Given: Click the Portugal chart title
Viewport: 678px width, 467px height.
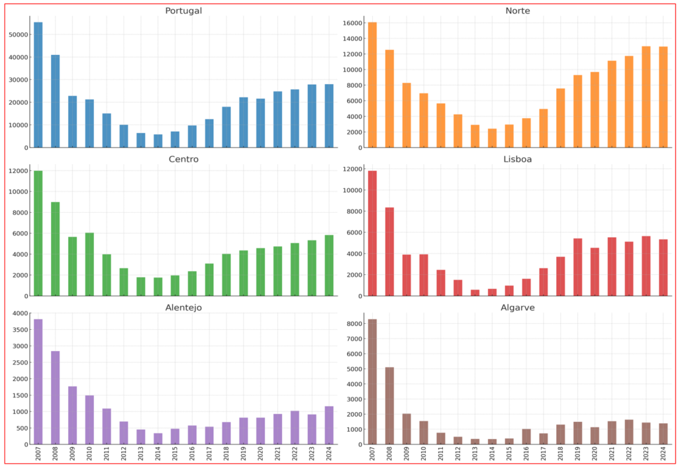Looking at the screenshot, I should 184,11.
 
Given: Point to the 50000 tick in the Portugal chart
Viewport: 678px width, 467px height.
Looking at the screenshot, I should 18,34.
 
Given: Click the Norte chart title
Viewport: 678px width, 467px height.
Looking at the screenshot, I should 517,11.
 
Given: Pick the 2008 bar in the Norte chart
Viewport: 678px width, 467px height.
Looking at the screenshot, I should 389,99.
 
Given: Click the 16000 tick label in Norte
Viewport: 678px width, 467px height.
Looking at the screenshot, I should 352,23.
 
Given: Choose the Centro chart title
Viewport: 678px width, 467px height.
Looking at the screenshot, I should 184,159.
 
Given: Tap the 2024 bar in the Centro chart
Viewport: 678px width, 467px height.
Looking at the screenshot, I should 329,265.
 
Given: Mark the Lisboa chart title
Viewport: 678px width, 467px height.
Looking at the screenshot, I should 517,159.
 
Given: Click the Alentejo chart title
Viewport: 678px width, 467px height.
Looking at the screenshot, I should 184,307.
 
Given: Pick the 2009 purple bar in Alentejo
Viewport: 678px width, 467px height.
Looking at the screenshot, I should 73,415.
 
